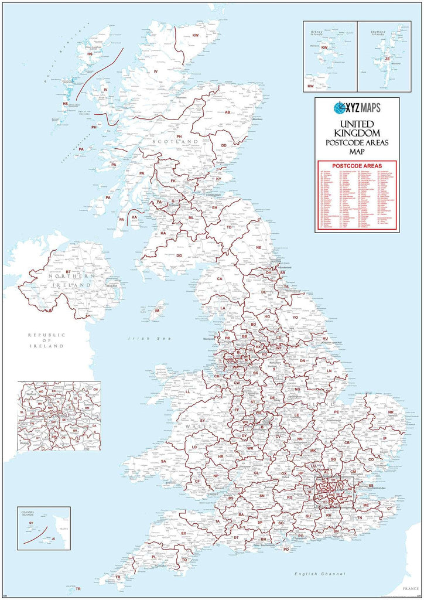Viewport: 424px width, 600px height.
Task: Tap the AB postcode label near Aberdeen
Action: pos(227,112)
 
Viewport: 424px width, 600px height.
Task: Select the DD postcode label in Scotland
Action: pos(223,145)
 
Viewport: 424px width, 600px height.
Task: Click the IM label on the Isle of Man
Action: pos(158,310)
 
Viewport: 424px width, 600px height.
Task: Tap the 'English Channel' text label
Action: pos(320,572)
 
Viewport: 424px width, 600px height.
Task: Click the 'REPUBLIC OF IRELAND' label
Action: pos(45,340)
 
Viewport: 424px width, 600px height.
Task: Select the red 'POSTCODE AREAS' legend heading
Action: pos(357,165)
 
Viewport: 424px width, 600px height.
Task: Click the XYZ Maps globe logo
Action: pos(340,108)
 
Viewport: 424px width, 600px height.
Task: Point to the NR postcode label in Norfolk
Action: pos(391,412)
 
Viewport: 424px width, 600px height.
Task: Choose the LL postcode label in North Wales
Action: pos(188,391)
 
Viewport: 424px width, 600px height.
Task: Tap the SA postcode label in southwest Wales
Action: pos(163,461)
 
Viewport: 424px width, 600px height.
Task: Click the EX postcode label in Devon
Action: pos(183,533)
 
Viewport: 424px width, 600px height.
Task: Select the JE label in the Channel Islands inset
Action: pos(53,538)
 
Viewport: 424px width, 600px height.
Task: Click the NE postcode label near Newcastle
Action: pos(258,247)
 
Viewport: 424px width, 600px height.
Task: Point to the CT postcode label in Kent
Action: pos(390,509)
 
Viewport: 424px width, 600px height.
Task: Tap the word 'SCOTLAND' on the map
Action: pos(174,142)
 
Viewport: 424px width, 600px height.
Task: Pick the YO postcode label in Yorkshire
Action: pos(295,318)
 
